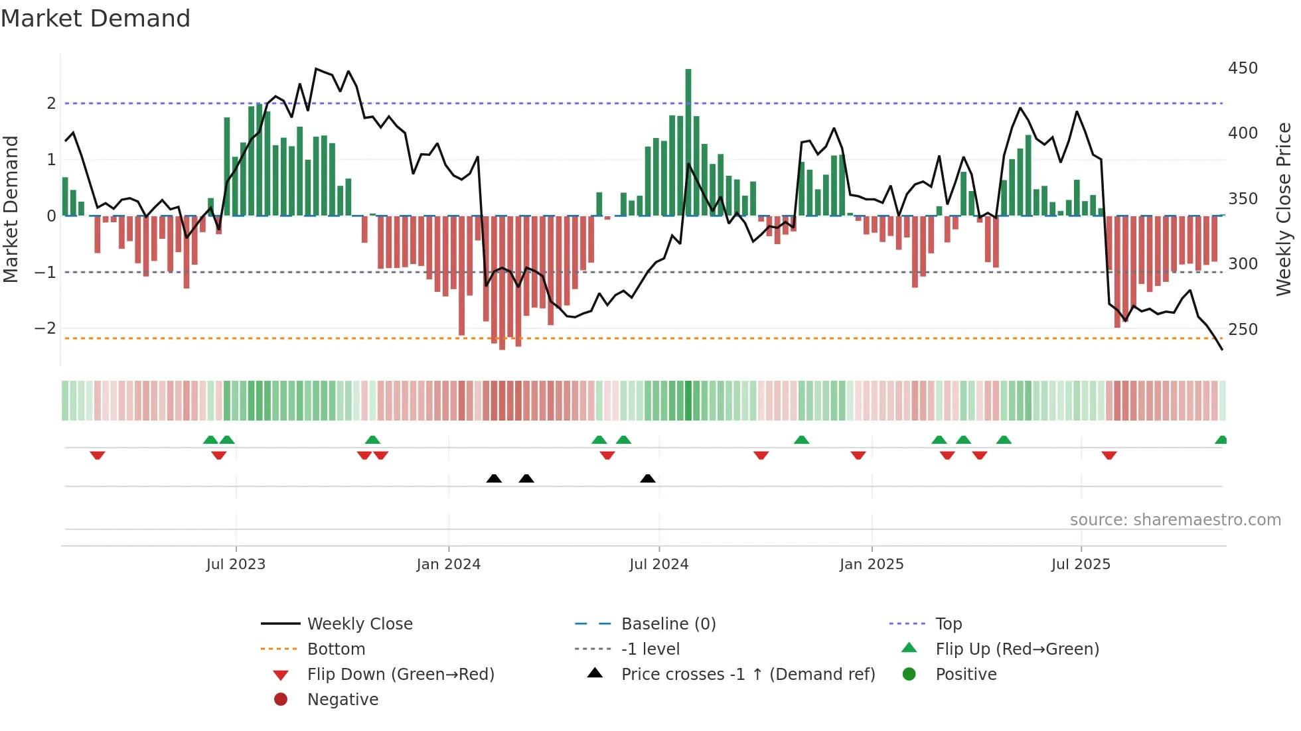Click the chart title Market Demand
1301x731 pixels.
pyautogui.click(x=96, y=19)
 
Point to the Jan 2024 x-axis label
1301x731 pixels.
pyautogui.click(x=448, y=565)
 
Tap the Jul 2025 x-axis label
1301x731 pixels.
pyautogui.click(x=1081, y=565)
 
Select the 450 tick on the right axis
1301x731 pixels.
pyautogui.click(x=1243, y=68)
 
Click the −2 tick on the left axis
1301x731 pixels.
pyautogui.click(x=46, y=328)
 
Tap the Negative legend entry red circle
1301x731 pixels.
pyautogui.click(x=281, y=700)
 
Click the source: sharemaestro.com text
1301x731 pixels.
pyautogui.click(x=1175, y=520)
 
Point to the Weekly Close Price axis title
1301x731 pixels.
pyautogui.click(x=1284, y=209)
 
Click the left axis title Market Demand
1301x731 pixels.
pyautogui.click(x=11, y=209)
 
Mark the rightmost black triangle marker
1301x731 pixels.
pyautogui.click(x=648, y=478)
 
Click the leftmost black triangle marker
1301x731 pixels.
pyautogui.click(x=494, y=478)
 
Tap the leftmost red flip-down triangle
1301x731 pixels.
pyautogui.click(x=98, y=455)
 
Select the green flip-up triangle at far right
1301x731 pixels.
pyautogui.click(x=1221, y=440)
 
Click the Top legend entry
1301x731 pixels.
pyautogui.click(x=948, y=624)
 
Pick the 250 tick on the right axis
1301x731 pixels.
pyautogui.click(x=1243, y=330)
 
